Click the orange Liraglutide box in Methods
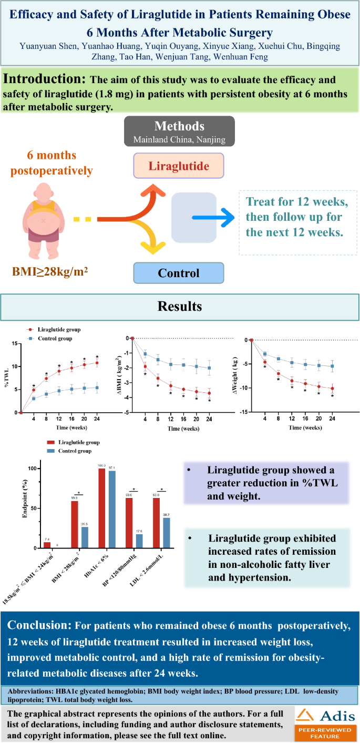(179, 166)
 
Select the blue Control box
(179, 273)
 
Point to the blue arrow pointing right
(212, 217)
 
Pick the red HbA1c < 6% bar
(102, 508)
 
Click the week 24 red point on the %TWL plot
(97, 363)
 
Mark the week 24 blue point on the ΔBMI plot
(209, 368)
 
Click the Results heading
(180, 306)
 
